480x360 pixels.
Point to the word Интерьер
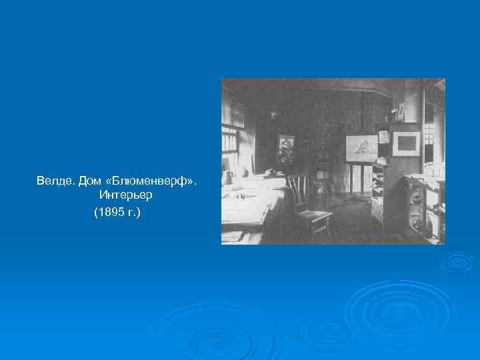tap(126, 196)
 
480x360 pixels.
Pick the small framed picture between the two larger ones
tap(383, 137)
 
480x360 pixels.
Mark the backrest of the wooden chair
tap(297, 189)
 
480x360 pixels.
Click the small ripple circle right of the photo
tap(457, 263)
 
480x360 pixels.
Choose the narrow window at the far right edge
tap(437, 133)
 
